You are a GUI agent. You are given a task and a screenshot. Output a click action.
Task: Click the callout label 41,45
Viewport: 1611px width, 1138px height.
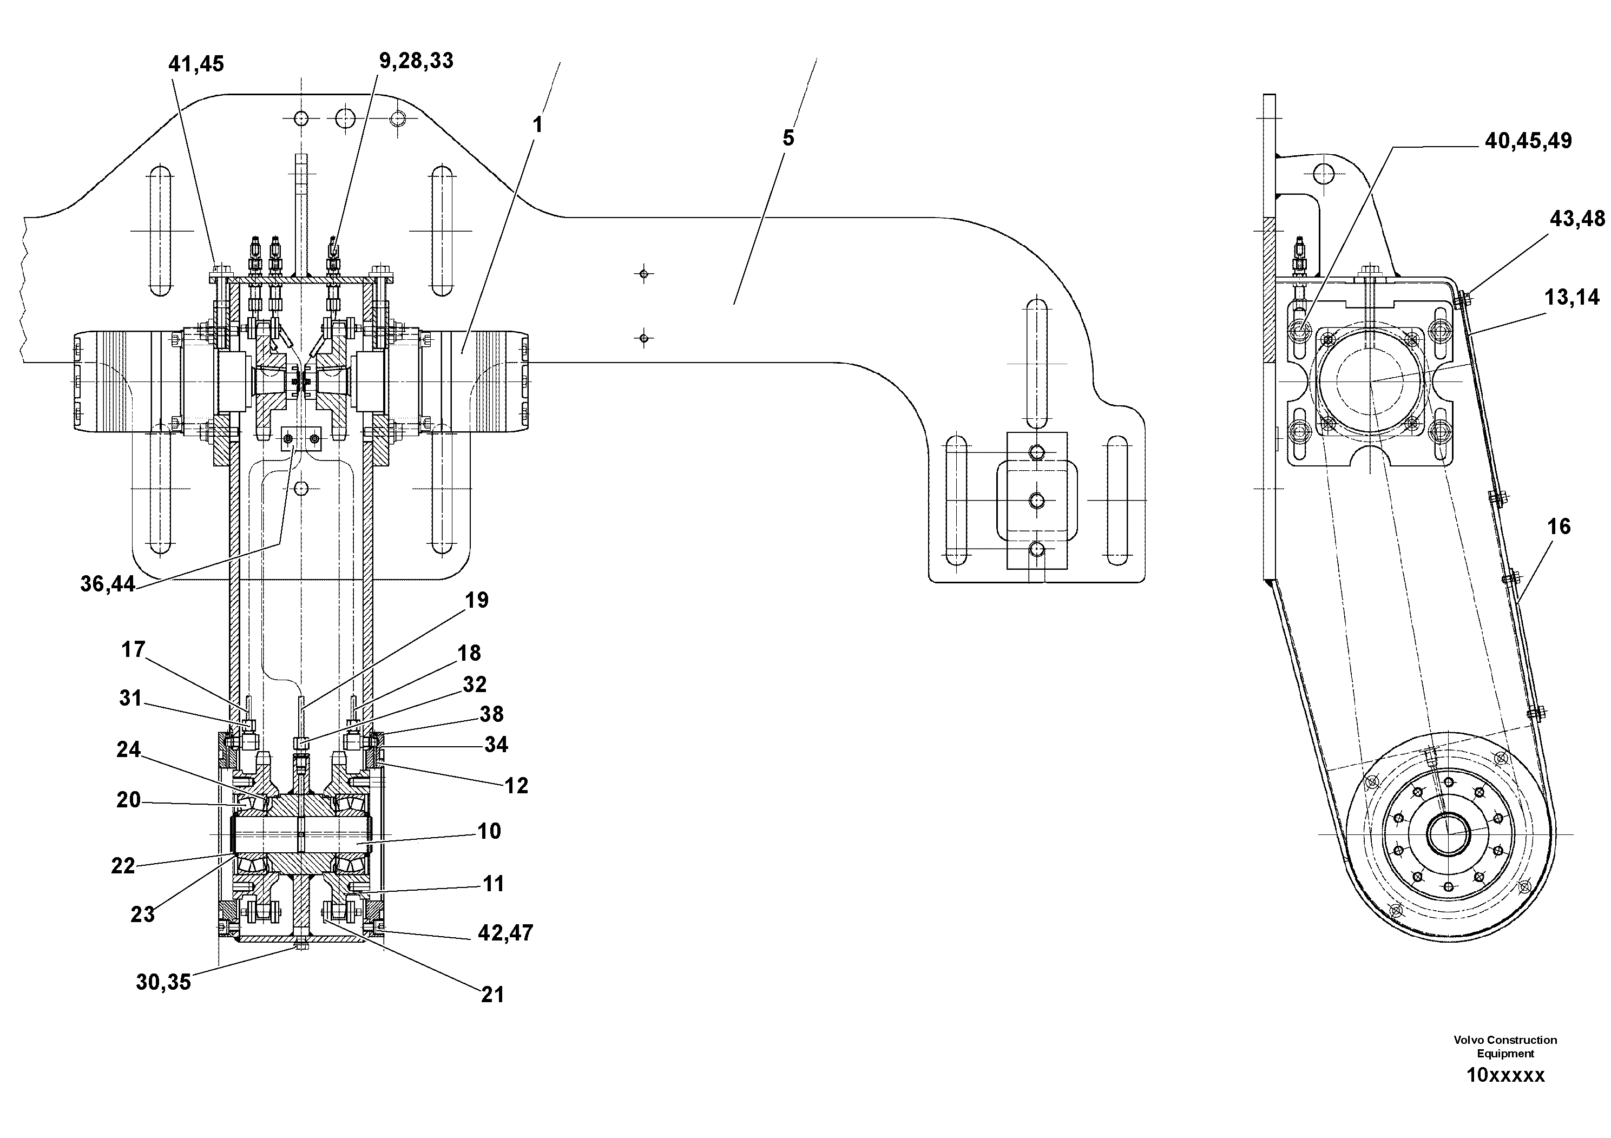[196, 64]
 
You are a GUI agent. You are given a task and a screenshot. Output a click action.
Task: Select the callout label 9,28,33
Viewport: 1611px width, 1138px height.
[416, 62]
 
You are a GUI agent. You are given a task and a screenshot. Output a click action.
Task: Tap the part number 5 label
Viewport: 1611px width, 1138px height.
[788, 138]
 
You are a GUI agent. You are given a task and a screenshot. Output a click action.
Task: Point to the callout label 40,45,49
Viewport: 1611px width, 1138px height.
[1528, 141]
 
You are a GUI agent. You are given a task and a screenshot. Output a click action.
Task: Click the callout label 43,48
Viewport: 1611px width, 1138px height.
[1576, 219]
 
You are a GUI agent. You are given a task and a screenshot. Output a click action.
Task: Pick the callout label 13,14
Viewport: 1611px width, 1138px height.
[1571, 298]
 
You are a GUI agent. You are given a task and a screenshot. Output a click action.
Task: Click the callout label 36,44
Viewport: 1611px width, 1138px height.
[107, 584]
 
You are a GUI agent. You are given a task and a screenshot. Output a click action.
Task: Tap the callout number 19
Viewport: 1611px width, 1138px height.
[476, 600]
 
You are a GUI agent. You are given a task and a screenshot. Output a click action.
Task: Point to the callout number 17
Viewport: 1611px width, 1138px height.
[133, 650]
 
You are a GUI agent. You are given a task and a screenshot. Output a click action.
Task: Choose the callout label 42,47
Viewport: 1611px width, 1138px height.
[505, 932]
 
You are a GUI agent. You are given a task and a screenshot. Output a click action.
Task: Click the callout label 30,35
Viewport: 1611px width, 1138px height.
[163, 982]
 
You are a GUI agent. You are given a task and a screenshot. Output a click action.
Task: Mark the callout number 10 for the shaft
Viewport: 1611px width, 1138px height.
[489, 831]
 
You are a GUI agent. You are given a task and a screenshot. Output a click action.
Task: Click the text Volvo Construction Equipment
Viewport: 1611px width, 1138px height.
[1505, 1046]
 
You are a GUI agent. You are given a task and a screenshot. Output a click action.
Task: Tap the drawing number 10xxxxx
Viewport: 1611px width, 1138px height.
[1505, 1076]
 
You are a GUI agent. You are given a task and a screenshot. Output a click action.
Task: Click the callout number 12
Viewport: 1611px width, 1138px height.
[516, 786]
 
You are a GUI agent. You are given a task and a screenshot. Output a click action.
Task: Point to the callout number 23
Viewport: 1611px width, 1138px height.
[142, 914]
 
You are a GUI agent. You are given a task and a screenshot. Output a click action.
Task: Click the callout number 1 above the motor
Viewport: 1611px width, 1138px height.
[537, 125]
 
